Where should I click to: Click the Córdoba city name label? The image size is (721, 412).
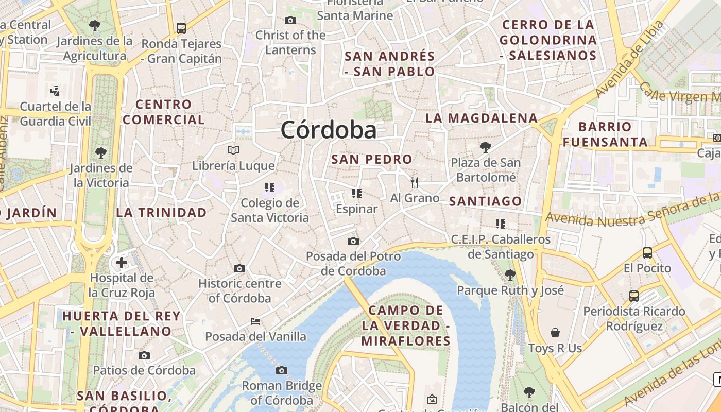coord(329,130)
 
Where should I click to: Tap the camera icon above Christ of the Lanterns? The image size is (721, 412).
coord(290,21)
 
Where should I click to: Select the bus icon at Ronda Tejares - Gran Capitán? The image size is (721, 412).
coord(181,28)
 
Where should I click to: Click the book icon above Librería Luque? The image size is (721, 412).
coord(233,150)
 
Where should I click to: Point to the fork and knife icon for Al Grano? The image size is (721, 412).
coord(415,182)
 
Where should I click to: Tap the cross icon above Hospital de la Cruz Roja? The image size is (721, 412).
coord(122,263)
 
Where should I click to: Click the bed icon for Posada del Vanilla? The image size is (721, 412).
coord(255,321)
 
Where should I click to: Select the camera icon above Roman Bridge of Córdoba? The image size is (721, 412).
coord(281,370)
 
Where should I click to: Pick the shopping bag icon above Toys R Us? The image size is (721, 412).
coord(555,333)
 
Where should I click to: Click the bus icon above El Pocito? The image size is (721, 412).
coord(647,253)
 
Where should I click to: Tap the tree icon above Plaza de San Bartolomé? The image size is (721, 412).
coord(485,147)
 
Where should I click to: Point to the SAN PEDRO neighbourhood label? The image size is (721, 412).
coord(372,160)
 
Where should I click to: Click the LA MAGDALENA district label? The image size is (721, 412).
coord(482,118)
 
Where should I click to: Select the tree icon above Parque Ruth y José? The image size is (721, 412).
coord(510,274)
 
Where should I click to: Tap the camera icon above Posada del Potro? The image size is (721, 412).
coord(353,241)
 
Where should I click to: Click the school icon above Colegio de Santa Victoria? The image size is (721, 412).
coord(269,187)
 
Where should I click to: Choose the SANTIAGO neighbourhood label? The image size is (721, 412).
coord(485,201)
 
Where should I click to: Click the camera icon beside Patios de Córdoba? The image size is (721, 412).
coord(144,355)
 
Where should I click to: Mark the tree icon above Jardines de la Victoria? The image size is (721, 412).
coord(100,152)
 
